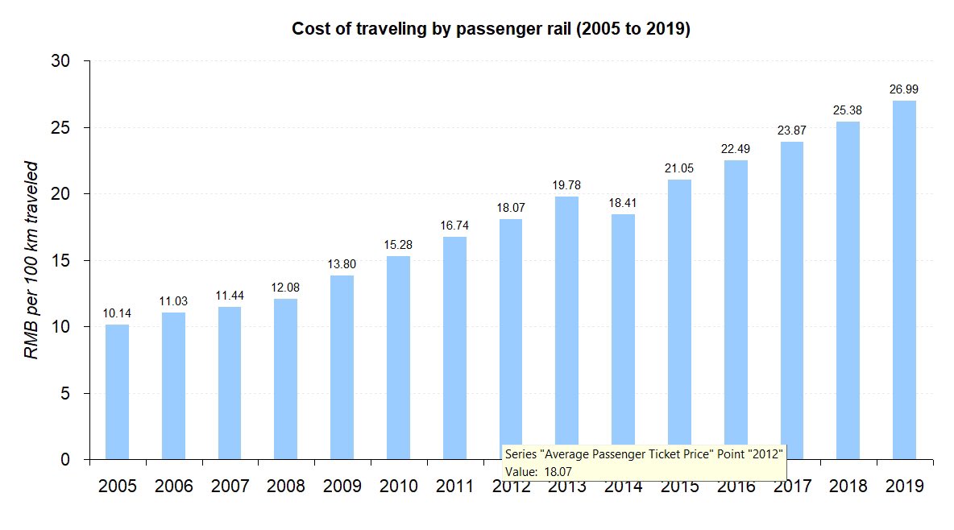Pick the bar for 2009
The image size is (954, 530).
[x=342, y=367]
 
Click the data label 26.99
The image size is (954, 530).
[x=904, y=89]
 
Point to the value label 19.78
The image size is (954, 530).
[x=566, y=185]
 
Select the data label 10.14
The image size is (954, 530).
[x=117, y=313]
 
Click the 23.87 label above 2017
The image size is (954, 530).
[x=791, y=130]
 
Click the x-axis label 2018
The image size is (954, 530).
[x=848, y=487]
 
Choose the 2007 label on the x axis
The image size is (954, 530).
[x=230, y=487]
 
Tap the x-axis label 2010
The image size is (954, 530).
[x=398, y=487]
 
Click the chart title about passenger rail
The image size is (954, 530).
[x=491, y=29]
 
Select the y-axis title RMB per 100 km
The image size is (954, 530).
[x=31, y=260]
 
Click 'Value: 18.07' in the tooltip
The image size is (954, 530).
[x=538, y=470]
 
